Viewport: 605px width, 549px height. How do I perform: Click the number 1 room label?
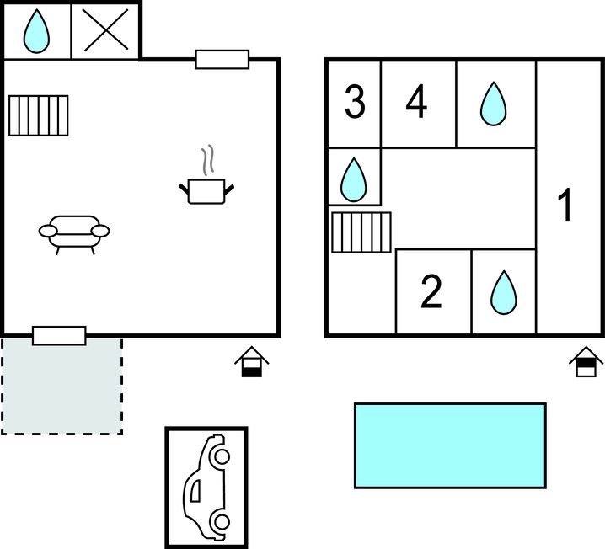(x=565, y=205)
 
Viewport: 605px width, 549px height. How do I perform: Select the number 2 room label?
(x=431, y=291)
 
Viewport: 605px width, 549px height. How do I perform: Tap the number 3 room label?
(x=355, y=102)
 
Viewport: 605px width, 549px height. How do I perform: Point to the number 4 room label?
(x=417, y=101)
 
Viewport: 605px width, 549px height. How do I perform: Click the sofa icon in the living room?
(x=74, y=234)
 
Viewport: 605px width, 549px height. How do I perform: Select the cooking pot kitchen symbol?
(x=206, y=191)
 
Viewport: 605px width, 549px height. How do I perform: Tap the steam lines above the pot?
(x=207, y=160)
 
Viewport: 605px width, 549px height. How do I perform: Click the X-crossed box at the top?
(x=105, y=30)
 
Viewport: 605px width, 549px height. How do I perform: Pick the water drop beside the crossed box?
(x=36, y=31)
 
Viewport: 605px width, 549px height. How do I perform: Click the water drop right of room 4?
(x=494, y=104)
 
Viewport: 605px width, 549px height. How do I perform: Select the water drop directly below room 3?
(x=353, y=180)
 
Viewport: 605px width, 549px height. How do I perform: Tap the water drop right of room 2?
(x=504, y=292)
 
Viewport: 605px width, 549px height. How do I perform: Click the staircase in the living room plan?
(x=39, y=115)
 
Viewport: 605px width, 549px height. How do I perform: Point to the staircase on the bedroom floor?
(x=361, y=232)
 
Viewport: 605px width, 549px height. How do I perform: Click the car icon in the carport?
(x=206, y=488)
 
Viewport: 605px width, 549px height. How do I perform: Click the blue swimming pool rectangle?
(x=450, y=445)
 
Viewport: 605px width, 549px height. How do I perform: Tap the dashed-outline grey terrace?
(x=62, y=386)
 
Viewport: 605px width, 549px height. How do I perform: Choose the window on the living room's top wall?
(x=222, y=60)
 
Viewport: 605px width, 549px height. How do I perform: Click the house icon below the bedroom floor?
(x=586, y=361)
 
